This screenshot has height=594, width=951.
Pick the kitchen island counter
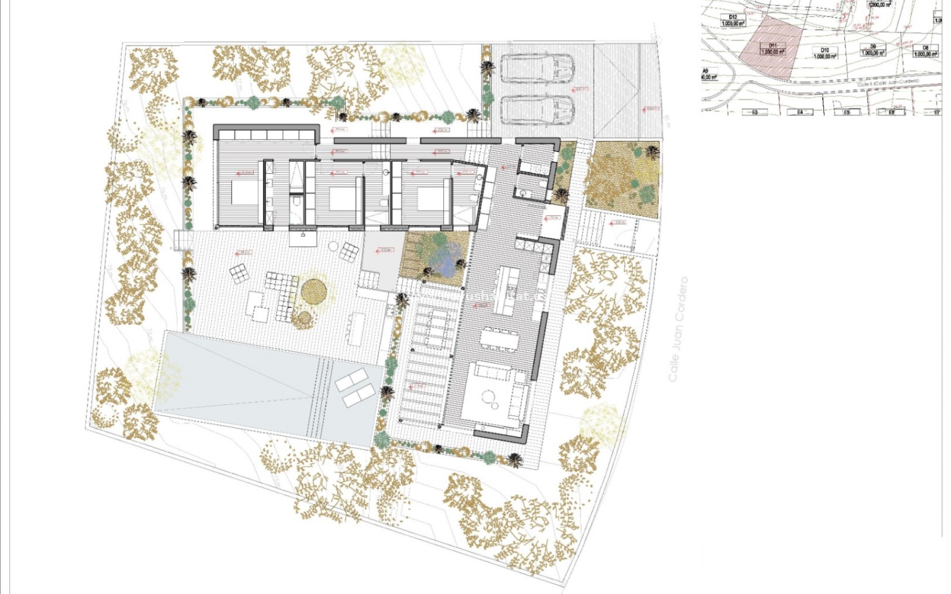(505, 290)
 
